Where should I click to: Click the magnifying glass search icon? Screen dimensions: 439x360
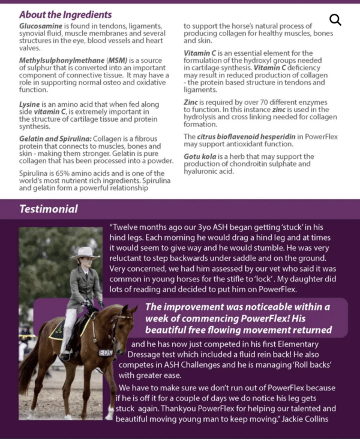point(335,20)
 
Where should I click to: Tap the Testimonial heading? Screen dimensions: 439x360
point(49,209)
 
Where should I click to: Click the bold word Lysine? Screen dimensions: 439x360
point(30,104)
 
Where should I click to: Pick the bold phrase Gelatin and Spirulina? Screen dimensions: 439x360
point(55,139)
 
